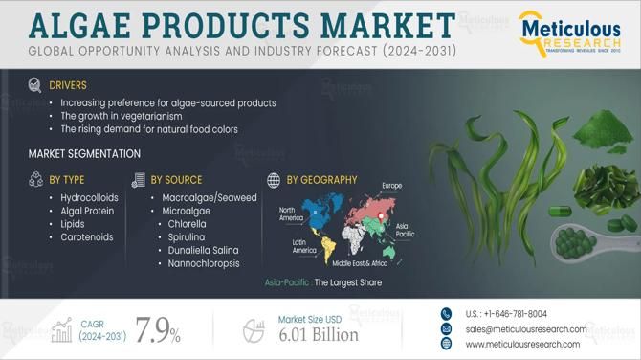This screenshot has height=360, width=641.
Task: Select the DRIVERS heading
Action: tap(68, 85)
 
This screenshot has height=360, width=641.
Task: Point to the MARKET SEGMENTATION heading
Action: tap(84, 153)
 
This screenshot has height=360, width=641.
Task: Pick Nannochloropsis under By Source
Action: tap(204, 262)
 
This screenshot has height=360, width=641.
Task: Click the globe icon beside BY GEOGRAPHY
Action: tap(274, 180)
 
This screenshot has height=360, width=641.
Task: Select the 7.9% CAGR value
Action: tap(158, 331)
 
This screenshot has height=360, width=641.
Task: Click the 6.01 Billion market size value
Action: tap(319, 334)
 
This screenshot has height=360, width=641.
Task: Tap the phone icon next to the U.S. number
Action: tap(446, 313)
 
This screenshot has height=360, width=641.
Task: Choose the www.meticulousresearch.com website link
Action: tap(522, 344)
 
